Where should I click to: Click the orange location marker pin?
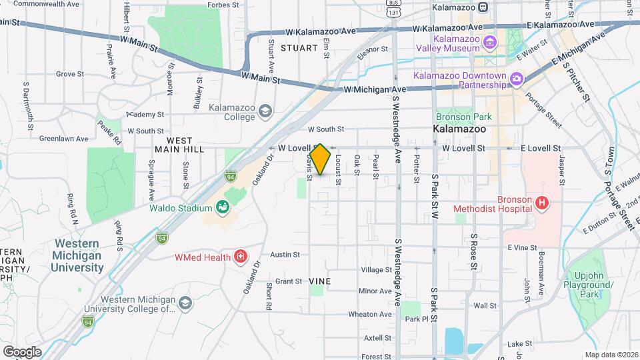click(x=320, y=159)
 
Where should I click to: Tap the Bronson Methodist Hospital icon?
click(x=542, y=202)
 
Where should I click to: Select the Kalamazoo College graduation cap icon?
click(x=265, y=111)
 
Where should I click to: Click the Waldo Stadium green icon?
click(x=223, y=208)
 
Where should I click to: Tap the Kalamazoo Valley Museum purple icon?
click(x=490, y=43)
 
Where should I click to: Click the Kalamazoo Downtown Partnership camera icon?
click(x=516, y=80)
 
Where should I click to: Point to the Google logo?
click(x=22, y=351)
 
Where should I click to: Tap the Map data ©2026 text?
click(x=611, y=355)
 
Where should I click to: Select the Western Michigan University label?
click(x=78, y=255)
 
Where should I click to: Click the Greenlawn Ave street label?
click(x=63, y=139)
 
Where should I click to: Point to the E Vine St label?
click(x=522, y=247)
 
